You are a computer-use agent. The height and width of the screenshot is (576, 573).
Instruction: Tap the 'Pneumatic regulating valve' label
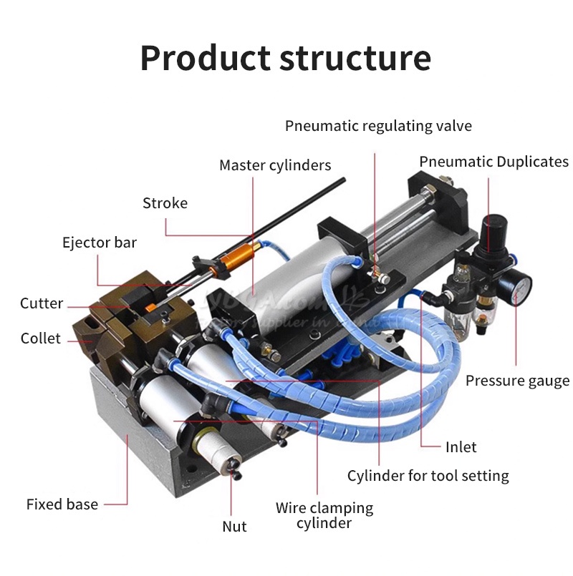[378, 126]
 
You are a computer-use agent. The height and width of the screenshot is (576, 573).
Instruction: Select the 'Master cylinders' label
[275, 165]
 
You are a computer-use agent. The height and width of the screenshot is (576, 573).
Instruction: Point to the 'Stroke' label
[165, 203]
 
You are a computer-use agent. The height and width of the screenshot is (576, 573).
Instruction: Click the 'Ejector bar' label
[100, 243]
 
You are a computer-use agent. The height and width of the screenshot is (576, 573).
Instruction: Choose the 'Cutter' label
[42, 303]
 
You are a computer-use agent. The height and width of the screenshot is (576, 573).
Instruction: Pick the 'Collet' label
[41, 338]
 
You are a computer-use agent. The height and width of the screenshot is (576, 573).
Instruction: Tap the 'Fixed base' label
[62, 504]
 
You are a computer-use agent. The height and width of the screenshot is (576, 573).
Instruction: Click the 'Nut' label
[234, 527]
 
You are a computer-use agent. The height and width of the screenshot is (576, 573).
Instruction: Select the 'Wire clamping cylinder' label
[324, 515]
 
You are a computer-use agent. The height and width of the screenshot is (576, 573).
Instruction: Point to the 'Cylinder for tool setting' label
[428, 475]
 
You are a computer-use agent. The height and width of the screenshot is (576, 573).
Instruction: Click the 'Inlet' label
[461, 446]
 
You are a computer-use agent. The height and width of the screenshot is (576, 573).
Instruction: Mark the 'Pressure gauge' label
[517, 380]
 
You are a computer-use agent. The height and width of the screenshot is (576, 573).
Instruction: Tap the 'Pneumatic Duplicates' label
[493, 162]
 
